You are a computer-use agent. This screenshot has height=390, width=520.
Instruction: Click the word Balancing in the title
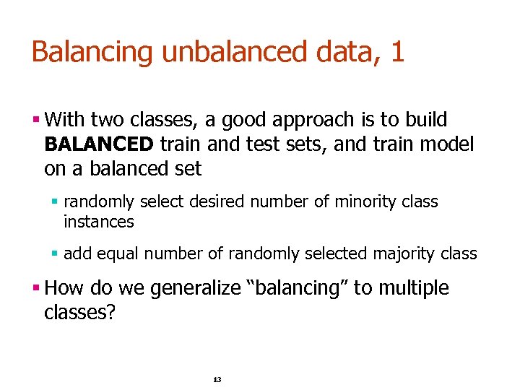tap(92, 52)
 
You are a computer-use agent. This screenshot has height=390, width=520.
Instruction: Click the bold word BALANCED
tap(99, 144)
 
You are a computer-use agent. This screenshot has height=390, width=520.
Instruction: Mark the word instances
tap(99, 222)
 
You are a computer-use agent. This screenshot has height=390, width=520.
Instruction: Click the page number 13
tap(217, 380)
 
